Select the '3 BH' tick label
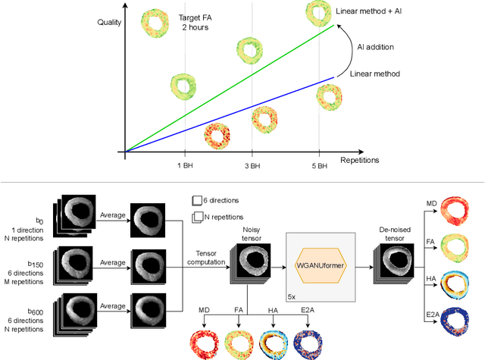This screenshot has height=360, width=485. (253, 165)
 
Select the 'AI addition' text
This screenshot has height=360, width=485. (375, 45)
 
